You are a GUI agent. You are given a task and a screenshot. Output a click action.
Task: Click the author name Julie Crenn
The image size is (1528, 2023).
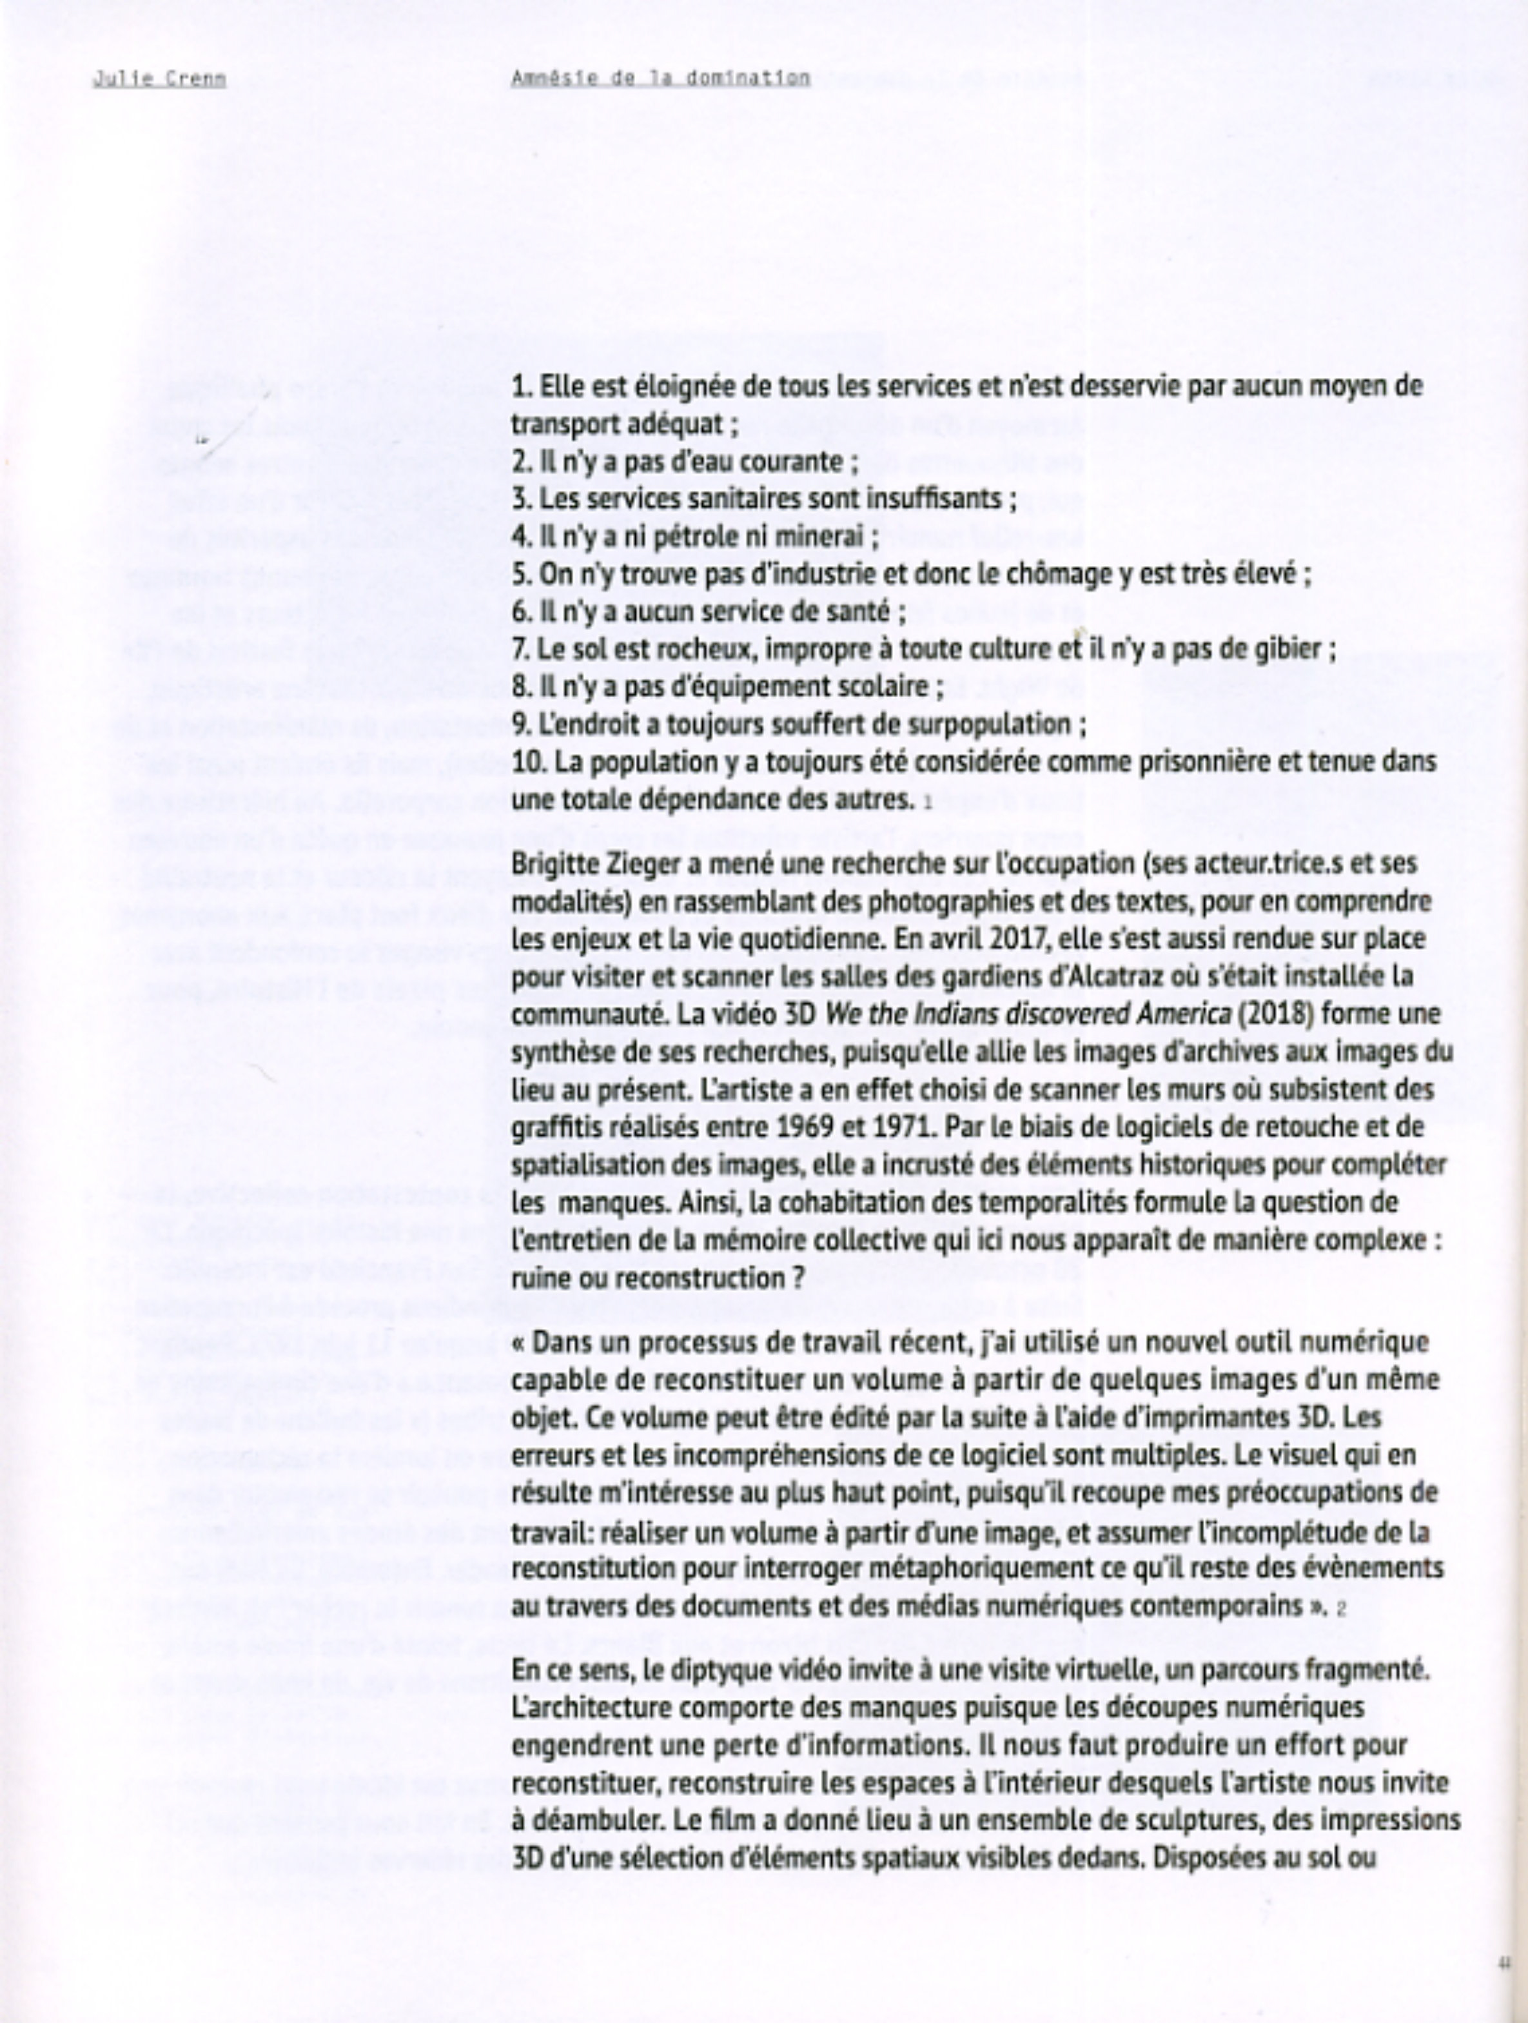tap(159, 79)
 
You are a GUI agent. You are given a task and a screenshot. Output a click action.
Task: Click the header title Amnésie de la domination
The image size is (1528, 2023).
tap(660, 79)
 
